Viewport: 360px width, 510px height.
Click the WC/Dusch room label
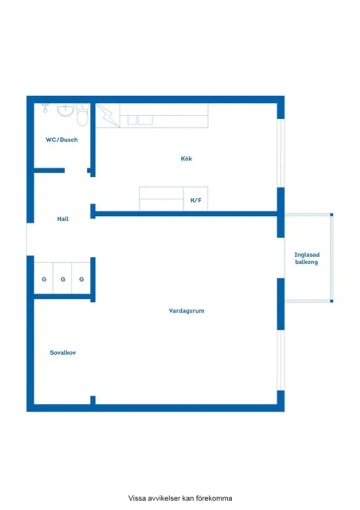point(62,140)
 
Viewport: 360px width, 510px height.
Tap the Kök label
point(186,159)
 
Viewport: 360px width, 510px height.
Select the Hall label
point(63,219)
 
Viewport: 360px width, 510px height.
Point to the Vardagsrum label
point(186,311)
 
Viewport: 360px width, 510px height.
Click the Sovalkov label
point(63,352)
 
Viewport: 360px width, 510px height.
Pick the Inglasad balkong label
point(307,258)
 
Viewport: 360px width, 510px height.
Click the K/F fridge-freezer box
point(195,199)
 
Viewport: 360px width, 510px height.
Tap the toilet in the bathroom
point(82,115)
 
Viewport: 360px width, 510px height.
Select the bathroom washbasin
point(65,110)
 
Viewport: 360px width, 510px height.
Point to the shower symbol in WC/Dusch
point(45,108)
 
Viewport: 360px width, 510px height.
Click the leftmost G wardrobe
point(44,279)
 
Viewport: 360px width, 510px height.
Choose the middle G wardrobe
point(63,279)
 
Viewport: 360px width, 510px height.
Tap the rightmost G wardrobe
point(81,279)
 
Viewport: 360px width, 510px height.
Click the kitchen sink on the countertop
point(140,120)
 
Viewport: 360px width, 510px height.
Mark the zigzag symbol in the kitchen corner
point(108,115)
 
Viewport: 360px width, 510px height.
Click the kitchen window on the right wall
point(281,153)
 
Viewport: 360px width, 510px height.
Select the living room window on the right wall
point(281,360)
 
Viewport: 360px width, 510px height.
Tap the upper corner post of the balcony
point(331,215)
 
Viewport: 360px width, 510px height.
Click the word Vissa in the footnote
point(137,498)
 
